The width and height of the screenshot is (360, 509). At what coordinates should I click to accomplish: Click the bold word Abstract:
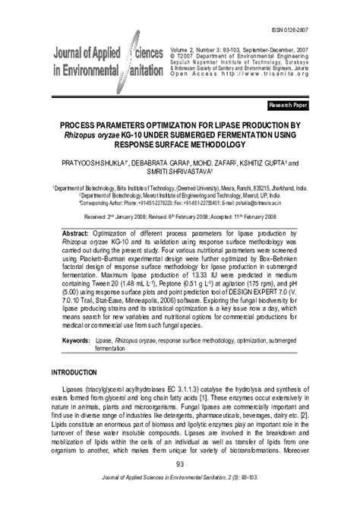click(x=81, y=229)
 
